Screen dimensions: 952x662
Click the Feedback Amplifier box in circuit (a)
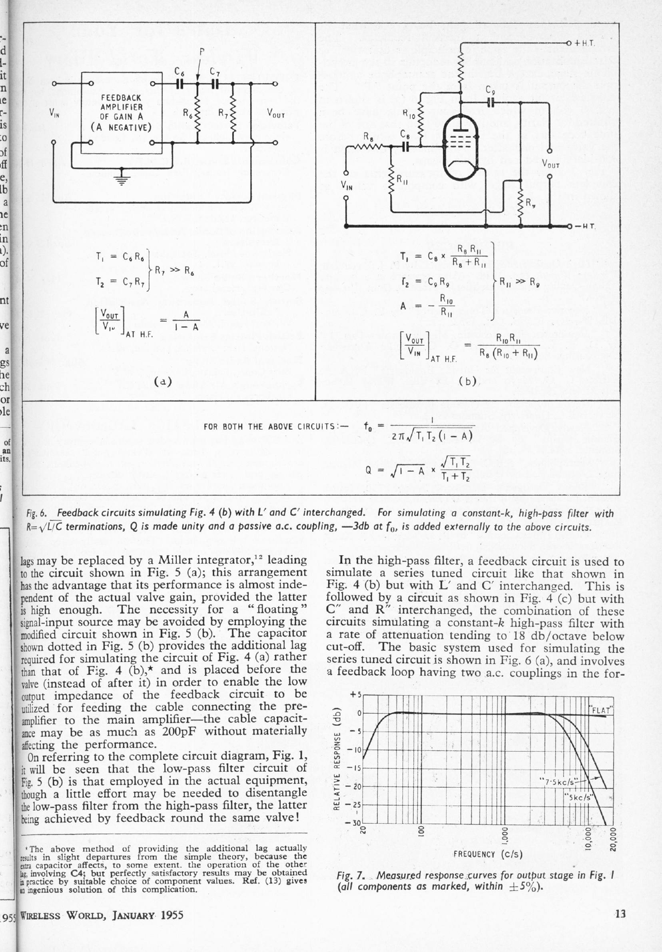tap(121, 112)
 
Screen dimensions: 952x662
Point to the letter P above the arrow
tap(202, 52)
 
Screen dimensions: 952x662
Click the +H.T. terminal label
tap(584, 43)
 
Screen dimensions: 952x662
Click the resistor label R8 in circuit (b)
tap(367, 136)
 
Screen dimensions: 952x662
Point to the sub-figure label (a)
tap(163, 381)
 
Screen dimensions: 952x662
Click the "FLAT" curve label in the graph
tap(601, 710)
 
